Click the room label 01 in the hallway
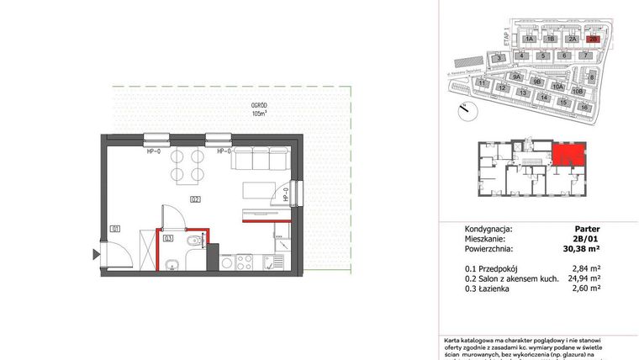coord(114,228)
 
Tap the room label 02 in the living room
coord(194,199)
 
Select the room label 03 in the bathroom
coord(169,238)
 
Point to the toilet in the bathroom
coord(194,243)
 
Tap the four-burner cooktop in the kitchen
coord(244,261)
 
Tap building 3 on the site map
coord(499,57)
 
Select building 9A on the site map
coord(518,77)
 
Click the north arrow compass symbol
coord(462,108)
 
